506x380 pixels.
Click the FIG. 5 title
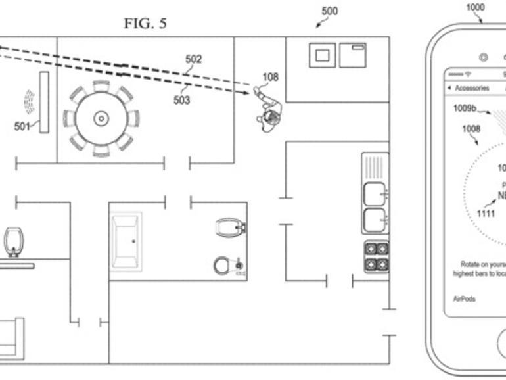coord(145,24)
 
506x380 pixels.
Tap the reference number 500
coord(330,11)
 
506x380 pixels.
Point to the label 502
coord(193,59)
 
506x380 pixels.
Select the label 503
coord(181,100)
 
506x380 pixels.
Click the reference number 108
coord(270,77)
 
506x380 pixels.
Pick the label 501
coord(22,126)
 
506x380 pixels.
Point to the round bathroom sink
coord(221,266)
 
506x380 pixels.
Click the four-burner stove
coord(376,257)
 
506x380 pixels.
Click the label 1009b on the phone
coord(465,109)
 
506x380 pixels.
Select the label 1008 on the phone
coord(471,129)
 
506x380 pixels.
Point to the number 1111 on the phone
coord(486,214)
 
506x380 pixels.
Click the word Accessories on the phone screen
coord(472,88)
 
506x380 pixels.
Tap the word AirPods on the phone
coord(465,298)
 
